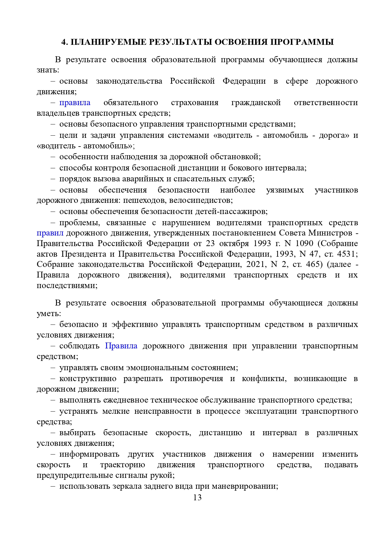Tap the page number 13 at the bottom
(x=197, y=497)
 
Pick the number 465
(x=312, y=264)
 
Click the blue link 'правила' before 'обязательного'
(x=75, y=103)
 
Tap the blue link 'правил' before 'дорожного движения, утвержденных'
(x=50, y=233)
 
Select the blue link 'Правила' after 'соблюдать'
(x=121, y=346)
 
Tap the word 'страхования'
(x=195, y=103)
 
